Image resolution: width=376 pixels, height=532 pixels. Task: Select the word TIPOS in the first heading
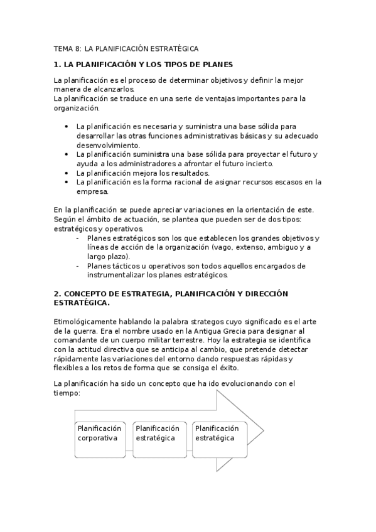(177, 64)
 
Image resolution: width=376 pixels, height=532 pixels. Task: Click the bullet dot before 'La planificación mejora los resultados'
(67, 173)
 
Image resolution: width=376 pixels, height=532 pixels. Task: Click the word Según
(65, 218)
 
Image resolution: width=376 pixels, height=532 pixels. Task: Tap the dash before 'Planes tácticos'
(77, 265)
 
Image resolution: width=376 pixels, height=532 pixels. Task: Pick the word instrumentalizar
(119, 275)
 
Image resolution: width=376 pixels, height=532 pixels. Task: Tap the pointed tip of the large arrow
(262, 430)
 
